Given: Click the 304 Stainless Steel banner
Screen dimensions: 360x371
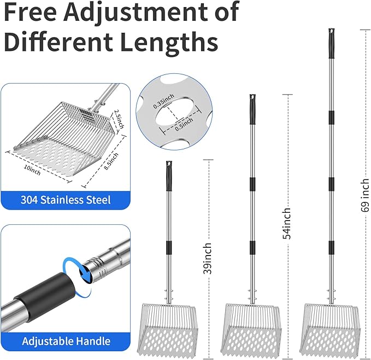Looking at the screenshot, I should [x=66, y=200].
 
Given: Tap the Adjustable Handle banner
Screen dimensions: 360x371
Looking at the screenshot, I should [x=66, y=341].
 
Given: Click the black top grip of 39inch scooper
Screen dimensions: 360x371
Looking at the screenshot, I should [x=168, y=173].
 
